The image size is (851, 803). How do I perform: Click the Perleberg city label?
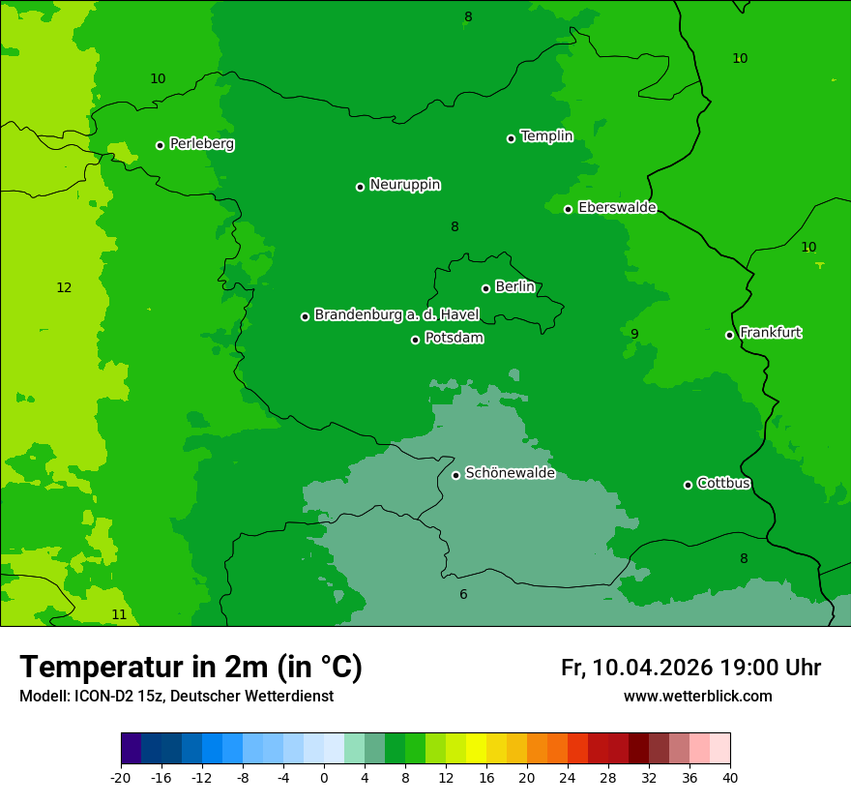(201, 144)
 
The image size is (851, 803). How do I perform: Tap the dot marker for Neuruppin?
(360, 187)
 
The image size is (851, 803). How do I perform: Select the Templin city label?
(546, 136)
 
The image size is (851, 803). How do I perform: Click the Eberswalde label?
(617, 208)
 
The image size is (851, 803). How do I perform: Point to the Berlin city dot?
(485, 288)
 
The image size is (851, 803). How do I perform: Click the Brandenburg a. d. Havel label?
(396, 315)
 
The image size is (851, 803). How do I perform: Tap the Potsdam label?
(454, 339)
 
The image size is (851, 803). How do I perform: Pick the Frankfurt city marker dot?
(729, 335)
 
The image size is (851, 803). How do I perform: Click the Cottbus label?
(723, 484)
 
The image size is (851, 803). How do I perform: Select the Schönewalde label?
(510, 474)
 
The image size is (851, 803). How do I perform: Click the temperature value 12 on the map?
(64, 288)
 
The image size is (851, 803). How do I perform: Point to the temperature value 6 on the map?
(463, 595)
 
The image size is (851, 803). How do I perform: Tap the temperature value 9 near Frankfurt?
(634, 335)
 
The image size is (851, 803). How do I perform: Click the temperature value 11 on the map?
(119, 615)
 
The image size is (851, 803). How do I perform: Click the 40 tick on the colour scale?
(730, 778)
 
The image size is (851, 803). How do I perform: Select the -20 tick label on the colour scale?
(121, 778)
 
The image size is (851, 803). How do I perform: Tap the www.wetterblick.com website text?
(697, 697)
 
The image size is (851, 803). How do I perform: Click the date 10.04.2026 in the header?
(653, 668)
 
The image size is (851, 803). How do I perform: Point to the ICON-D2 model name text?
(103, 697)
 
